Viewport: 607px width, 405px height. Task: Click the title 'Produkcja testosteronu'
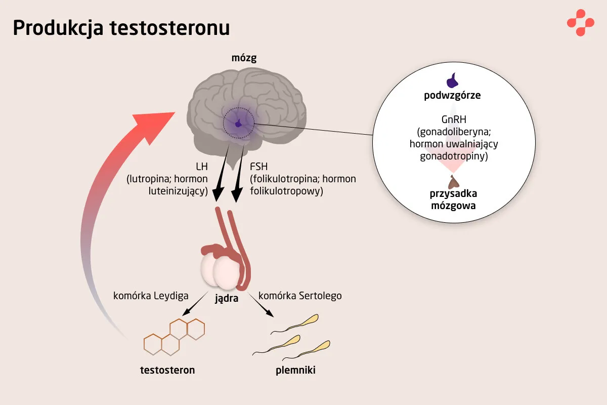[121, 28]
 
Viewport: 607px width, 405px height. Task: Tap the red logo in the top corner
[580, 23]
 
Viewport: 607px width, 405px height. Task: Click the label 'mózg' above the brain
[244, 58]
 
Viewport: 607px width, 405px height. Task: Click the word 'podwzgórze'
[452, 95]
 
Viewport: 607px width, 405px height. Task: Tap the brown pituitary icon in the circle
[452, 181]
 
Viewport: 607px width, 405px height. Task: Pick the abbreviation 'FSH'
[259, 168]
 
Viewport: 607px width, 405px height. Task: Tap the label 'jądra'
[227, 298]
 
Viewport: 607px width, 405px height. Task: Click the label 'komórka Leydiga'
[151, 295]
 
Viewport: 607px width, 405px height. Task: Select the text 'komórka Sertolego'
[300, 295]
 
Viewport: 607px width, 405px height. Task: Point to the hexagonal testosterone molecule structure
[175, 336]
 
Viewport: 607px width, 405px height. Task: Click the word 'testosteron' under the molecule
[167, 370]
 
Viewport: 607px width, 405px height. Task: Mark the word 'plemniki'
[296, 370]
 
